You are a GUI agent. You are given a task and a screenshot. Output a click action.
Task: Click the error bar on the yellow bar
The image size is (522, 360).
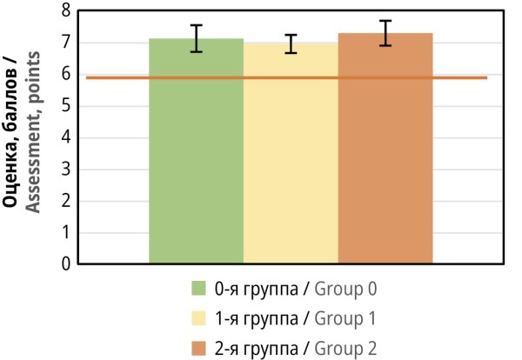click(x=291, y=43)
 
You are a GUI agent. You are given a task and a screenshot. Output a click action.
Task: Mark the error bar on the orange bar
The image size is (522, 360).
click(x=385, y=33)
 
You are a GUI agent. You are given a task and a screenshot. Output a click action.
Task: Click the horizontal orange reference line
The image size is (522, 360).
click(x=113, y=78)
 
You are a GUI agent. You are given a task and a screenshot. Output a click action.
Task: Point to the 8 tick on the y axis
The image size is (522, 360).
click(x=65, y=11)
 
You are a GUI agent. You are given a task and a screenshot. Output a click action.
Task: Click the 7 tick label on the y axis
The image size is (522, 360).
click(x=65, y=43)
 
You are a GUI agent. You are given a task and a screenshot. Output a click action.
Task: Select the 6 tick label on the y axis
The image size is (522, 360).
click(x=65, y=75)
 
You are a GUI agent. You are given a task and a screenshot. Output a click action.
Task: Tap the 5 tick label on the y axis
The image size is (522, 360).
click(x=65, y=106)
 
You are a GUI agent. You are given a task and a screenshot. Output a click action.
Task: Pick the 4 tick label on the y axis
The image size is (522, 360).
click(x=65, y=137)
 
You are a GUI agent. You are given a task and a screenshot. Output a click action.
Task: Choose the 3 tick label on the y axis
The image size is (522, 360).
click(x=65, y=170)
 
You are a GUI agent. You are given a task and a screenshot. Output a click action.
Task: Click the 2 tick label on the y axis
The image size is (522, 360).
click(x=65, y=201)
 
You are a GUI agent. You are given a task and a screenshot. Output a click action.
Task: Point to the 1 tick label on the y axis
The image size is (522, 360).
click(x=65, y=232)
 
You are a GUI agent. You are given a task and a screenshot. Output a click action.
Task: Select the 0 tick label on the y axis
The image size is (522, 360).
click(x=65, y=263)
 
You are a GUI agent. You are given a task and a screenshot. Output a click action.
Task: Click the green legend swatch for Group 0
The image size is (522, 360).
click(x=198, y=288)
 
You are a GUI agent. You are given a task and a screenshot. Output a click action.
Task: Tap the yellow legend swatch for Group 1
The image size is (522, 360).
click(x=198, y=318)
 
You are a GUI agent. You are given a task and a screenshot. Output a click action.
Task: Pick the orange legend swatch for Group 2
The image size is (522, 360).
click(x=198, y=349)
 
